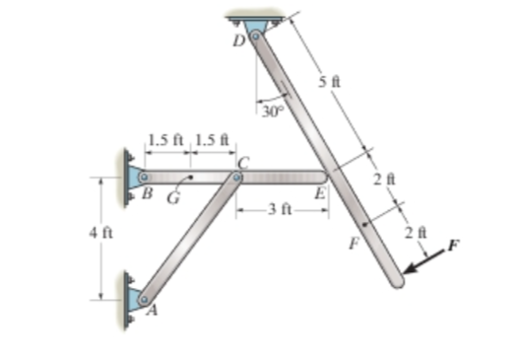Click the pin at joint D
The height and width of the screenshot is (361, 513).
coord(256,36)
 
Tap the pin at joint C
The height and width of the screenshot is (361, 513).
coord(236,178)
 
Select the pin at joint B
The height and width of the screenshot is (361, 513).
coord(144,178)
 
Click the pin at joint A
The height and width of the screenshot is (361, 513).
coord(144,300)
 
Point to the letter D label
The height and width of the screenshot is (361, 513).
coord(239,41)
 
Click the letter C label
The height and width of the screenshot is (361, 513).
coord(243,163)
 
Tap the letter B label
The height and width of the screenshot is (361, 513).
coord(148,193)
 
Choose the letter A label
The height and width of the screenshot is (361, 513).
coord(152,310)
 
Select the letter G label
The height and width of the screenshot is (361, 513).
coord(173,198)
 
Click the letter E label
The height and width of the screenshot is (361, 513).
coord(320,193)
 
